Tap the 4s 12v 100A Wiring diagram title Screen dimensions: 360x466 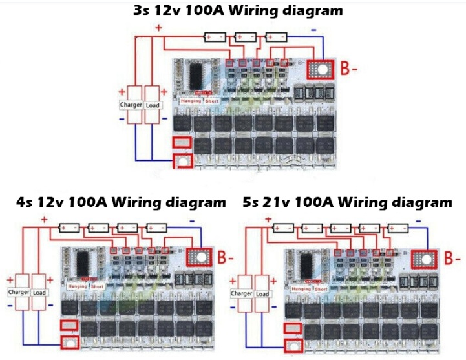tap(121, 202)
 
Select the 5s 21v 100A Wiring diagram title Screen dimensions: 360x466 tap(348, 202)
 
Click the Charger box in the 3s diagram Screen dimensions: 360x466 tap(131, 105)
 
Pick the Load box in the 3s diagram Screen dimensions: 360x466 tap(153, 105)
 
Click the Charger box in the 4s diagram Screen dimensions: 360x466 tap(19, 291)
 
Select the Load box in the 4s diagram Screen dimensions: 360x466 tap(40, 291)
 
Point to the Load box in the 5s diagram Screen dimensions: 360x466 tap(262, 293)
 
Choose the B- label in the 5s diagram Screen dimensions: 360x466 tap(453, 259)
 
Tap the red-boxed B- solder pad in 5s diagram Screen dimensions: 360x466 tap(425, 259)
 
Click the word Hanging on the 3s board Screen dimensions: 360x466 tap(191, 101)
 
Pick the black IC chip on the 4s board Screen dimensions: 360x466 tap(82, 262)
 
